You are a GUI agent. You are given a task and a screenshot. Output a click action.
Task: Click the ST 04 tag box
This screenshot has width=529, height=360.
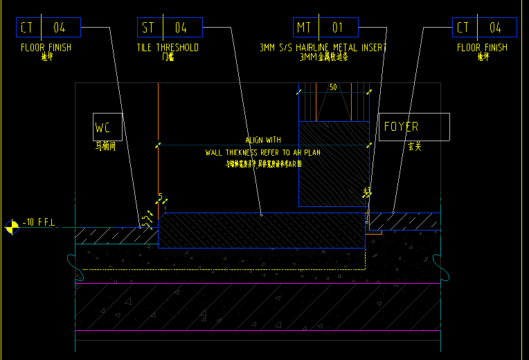tap(170, 28)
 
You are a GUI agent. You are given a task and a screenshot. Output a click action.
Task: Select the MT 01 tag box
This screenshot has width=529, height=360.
tap(325, 28)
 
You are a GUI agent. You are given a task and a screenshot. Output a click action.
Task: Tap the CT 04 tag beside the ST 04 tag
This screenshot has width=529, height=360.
tap(48, 28)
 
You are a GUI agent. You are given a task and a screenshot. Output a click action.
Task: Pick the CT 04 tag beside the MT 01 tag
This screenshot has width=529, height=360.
tap(484, 28)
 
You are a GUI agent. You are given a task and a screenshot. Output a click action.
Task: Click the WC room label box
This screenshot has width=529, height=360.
tap(107, 127)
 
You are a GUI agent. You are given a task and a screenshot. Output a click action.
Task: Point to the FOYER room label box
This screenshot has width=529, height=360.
tap(413, 127)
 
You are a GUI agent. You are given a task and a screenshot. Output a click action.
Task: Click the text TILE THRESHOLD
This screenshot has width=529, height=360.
tap(168, 48)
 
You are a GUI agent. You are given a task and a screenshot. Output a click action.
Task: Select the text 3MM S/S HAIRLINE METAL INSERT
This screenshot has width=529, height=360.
tap(323, 48)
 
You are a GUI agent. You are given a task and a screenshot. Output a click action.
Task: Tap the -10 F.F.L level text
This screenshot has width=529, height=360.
tap(39, 222)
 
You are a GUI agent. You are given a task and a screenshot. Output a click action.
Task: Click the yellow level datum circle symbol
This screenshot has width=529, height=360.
tap(12, 226)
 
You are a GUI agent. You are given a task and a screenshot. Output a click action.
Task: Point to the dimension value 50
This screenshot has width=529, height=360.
tap(333, 87)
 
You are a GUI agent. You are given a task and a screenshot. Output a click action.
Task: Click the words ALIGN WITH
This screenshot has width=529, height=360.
tap(263, 140)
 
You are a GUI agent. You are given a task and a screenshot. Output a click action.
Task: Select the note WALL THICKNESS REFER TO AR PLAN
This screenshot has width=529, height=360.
tap(263, 152)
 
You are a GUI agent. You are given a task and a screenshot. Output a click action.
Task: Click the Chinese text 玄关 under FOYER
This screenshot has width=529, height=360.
tap(414, 147)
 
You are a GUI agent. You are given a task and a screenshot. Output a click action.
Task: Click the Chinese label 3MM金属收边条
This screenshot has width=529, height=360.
tap(323, 57)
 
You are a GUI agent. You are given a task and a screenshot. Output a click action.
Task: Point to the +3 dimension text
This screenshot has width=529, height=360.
tap(367, 191)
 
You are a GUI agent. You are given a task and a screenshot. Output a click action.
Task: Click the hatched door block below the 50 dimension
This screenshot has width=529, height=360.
tap(334, 163)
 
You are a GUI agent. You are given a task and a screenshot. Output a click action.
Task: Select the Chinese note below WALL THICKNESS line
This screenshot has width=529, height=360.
tap(264, 164)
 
